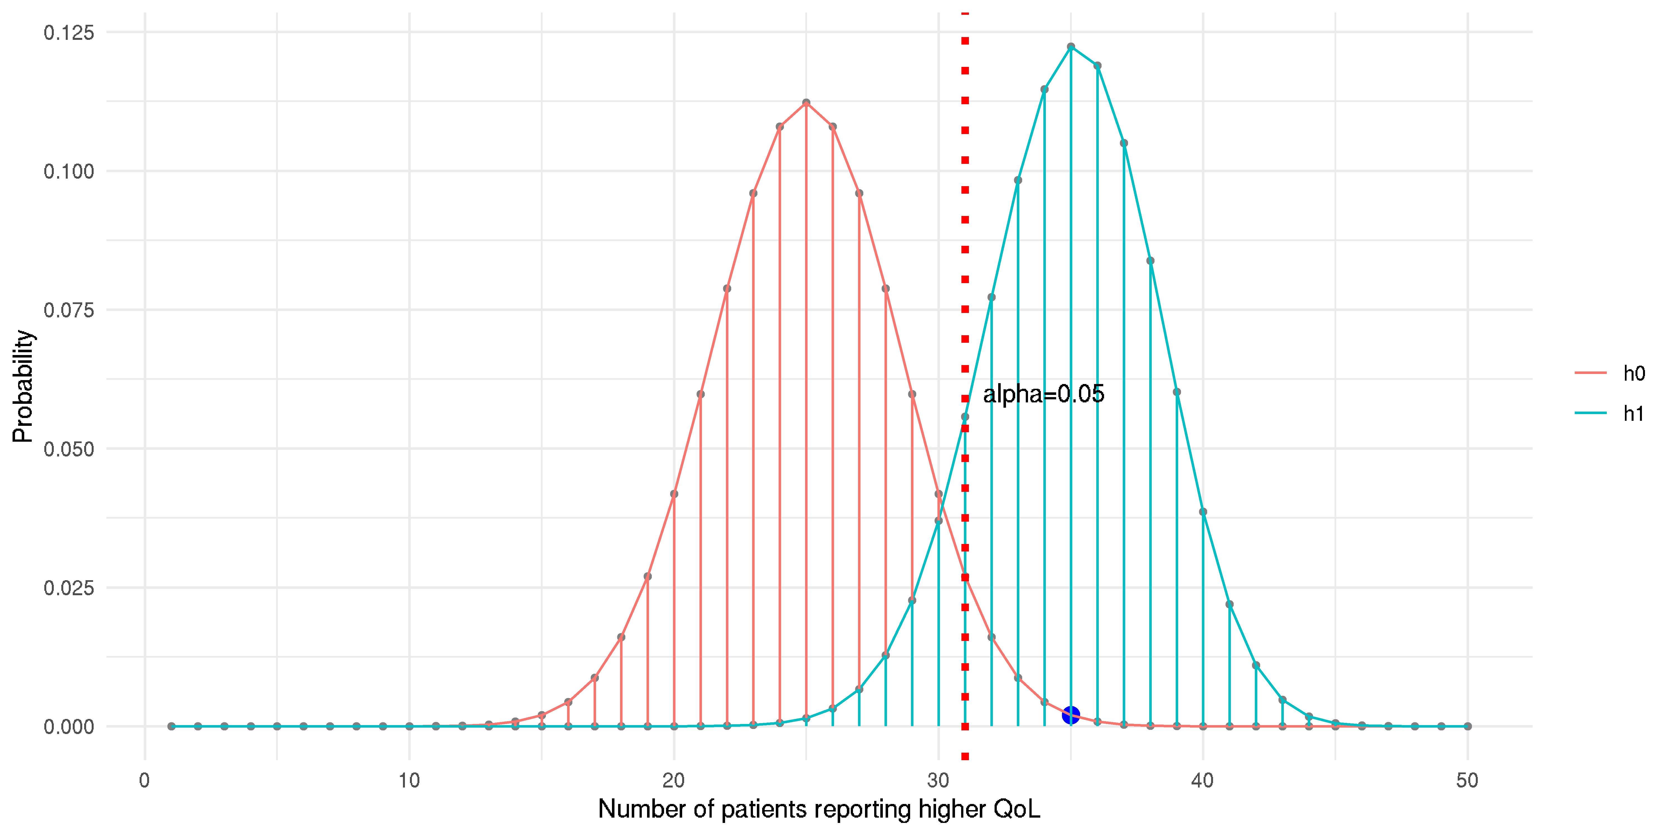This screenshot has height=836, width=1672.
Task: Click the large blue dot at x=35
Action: [1070, 715]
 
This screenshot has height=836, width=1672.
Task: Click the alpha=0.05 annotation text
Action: [1043, 394]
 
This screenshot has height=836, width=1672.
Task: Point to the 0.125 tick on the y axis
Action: [69, 32]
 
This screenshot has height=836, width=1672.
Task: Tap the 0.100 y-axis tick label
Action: [69, 171]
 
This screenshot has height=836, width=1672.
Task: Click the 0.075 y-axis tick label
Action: [69, 310]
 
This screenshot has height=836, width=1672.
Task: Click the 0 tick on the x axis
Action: [145, 780]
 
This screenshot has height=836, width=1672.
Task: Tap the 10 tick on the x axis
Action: [409, 780]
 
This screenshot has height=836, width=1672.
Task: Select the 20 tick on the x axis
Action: [674, 780]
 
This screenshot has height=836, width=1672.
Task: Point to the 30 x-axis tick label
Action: [938, 780]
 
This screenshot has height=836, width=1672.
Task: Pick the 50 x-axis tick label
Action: [1467, 780]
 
